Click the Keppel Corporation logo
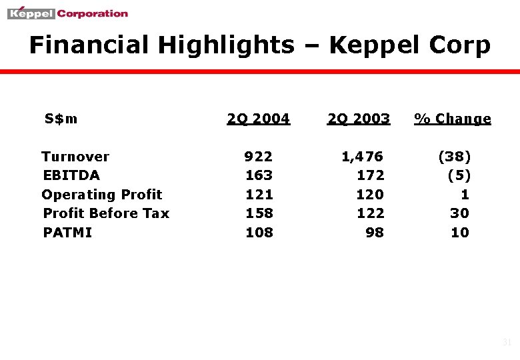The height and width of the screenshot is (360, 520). pyautogui.click(x=67, y=13)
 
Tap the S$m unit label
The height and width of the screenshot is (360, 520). pyautogui.click(x=61, y=119)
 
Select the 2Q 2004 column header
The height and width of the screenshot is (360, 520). pyautogui.click(x=258, y=119)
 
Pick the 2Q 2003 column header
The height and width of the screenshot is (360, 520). pyautogui.click(x=358, y=119)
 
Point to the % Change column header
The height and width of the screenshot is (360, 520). pyautogui.click(x=453, y=119)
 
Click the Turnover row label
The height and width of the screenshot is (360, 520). pyautogui.click(x=75, y=157)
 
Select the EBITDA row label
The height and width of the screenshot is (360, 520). pyautogui.click(x=71, y=175)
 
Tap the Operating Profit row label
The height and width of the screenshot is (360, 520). pyautogui.click(x=102, y=195)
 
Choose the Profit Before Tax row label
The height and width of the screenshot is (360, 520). pyautogui.click(x=106, y=213)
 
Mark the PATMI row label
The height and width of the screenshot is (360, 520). pyautogui.click(x=67, y=233)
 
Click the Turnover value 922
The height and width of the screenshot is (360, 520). pyautogui.click(x=259, y=157)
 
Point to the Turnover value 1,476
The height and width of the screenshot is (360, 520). pyautogui.click(x=362, y=157)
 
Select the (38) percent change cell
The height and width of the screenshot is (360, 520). pyautogui.click(x=454, y=157)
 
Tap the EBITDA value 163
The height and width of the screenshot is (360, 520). pyautogui.click(x=259, y=175)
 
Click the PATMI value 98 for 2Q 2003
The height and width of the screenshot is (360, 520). pyautogui.click(x=375, y=233)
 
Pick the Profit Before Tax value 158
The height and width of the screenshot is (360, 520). pyautogui.click(x=259, y=213)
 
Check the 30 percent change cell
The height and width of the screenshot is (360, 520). pyautogui.click(x=459, y=213)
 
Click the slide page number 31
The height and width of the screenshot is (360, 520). pyautogui.click(x=506, y=343)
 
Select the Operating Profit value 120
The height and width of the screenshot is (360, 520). pyautogui.click(x=370, y=195)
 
